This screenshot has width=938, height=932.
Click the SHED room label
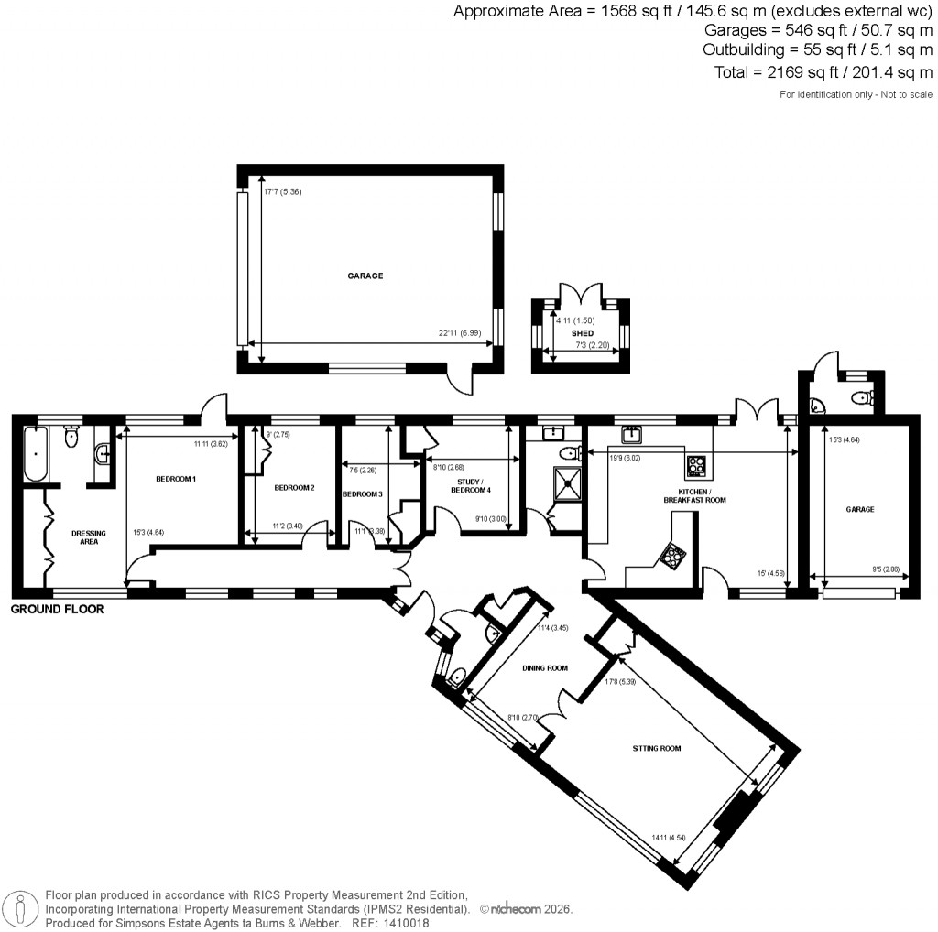coord(583,333)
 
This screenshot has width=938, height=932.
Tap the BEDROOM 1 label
coord(176,479)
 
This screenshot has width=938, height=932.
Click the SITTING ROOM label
coord(657,748)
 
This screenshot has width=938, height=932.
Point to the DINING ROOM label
coord(545,667)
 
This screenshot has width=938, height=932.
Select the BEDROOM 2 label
coord(294,488)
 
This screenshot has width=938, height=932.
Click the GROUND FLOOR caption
coord(57,609)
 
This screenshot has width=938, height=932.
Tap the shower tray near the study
coord(568,482)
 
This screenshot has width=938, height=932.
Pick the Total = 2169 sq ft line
coord(822,71)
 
